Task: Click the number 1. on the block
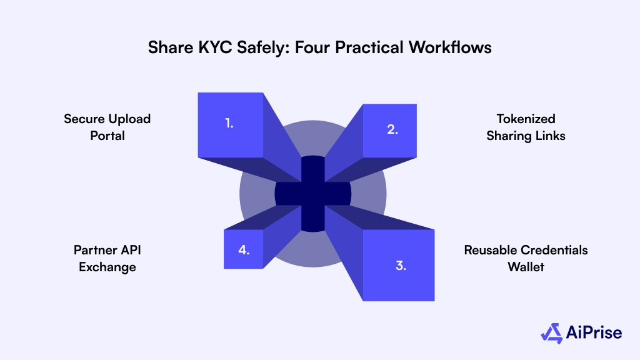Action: click(x=229, y=123)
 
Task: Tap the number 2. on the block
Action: click(x=392, y=130)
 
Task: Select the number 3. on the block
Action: click(x=401, y=265)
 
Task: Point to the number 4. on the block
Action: click(x=244, y=250)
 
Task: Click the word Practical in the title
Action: click(x=373, y=47)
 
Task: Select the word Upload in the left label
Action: click(x=129, y=119)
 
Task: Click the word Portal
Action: click(x=107, y=135)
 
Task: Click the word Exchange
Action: click(x=107, y=267)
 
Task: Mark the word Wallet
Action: click(x=526, y=267)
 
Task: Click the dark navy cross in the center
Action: click(x=312, y=192)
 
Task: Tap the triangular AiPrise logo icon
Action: click(x=552, y=333)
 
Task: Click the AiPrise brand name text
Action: click(x=595, y=333)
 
